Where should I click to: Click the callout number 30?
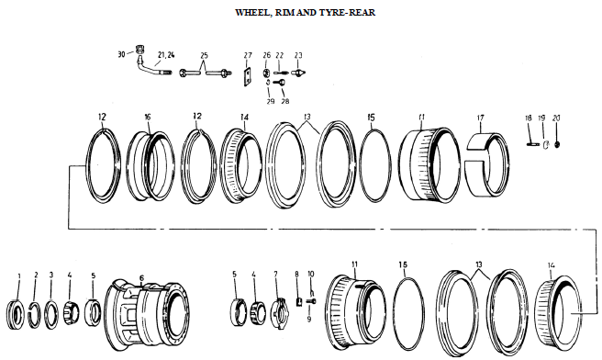(x=120, y=55)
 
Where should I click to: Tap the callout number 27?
(x=247, y=56)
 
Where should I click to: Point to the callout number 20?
(x=556, y=118)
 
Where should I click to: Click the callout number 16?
(x=147, y=118)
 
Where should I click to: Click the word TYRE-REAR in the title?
(x=348, y=14)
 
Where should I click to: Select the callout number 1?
(x=18, y=276)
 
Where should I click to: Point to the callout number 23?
(x=298, y=56)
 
